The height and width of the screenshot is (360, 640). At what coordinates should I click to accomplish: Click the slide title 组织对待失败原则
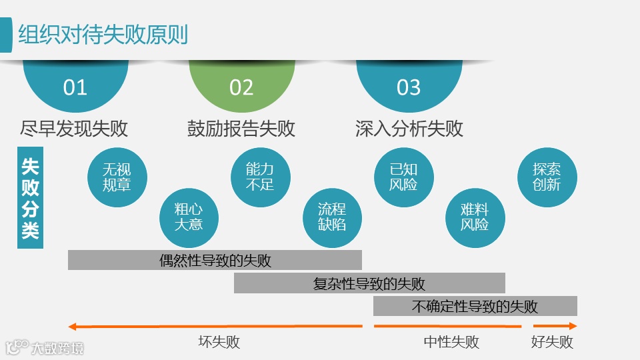pyautogui.click(x=103, y=34)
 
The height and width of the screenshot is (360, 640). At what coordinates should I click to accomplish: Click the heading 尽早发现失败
pyautogui.click(x=75, y=128)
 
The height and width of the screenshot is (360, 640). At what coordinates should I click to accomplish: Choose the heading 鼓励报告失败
pyautogui.click(x=241, y=128)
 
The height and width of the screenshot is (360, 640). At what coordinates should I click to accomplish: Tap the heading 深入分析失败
pyautogui.click(x=409, y=128)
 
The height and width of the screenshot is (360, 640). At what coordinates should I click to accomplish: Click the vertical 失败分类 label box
pyautogui.click(x=30, y=197)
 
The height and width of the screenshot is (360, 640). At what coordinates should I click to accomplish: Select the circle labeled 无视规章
pyautogui.click(x=117, y=177)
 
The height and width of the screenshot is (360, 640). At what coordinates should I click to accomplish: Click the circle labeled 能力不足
pyautogui.click(x=260, y=177)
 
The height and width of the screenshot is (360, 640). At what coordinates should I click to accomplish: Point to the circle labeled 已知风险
pyautogui.click(x=403, y=177)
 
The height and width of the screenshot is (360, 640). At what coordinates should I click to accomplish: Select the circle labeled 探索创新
pyautogui.click(x=547, y=177)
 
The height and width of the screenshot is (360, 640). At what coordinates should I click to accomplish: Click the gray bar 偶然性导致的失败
pyautogui.click(x=215, y=260)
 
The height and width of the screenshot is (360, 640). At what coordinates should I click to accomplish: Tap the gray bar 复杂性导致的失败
pyautogui.click(x=369, y=283)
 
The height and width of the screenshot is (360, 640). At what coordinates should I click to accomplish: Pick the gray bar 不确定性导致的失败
pyautogui.click(x=475, y=307)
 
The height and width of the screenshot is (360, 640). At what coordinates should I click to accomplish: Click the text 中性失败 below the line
pyautogui.click(x=451, y=343)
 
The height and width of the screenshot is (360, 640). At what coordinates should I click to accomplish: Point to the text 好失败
pyautogui.click(x=552, y=343)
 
